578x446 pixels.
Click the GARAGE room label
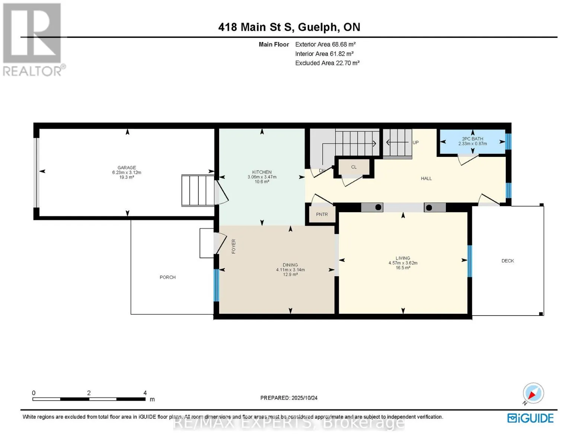[127, 168]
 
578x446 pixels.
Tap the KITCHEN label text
[262, 172]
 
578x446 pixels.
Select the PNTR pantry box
[322, 214]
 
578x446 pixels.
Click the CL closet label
[354, 167]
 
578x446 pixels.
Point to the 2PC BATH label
[472, 139]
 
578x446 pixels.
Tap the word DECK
[508, 261]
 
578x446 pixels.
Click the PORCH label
[167, 277]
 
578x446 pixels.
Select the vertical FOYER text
[233, 246]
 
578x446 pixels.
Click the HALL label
[426, 178]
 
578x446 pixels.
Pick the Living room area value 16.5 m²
[403, 268]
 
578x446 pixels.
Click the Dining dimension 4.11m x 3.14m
[290, 269]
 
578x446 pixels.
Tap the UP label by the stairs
[415, 142]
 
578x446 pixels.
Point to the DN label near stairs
[322, 171]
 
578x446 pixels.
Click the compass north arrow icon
[533, 393]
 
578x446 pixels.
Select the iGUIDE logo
[530, 418]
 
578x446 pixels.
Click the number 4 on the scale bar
[145, 392]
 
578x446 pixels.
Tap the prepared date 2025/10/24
[304, 398]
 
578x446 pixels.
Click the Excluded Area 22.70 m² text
[327, 63]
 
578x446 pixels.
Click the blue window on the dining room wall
[217, 285]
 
